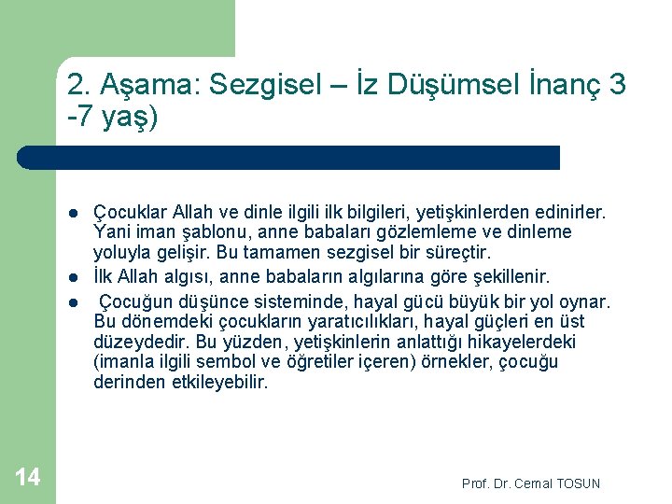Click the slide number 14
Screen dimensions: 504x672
click(28, 478)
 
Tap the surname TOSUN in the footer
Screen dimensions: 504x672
click(578, 483)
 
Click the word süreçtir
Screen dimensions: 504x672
click(457, 253)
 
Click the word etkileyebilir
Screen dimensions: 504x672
click(209, 382)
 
